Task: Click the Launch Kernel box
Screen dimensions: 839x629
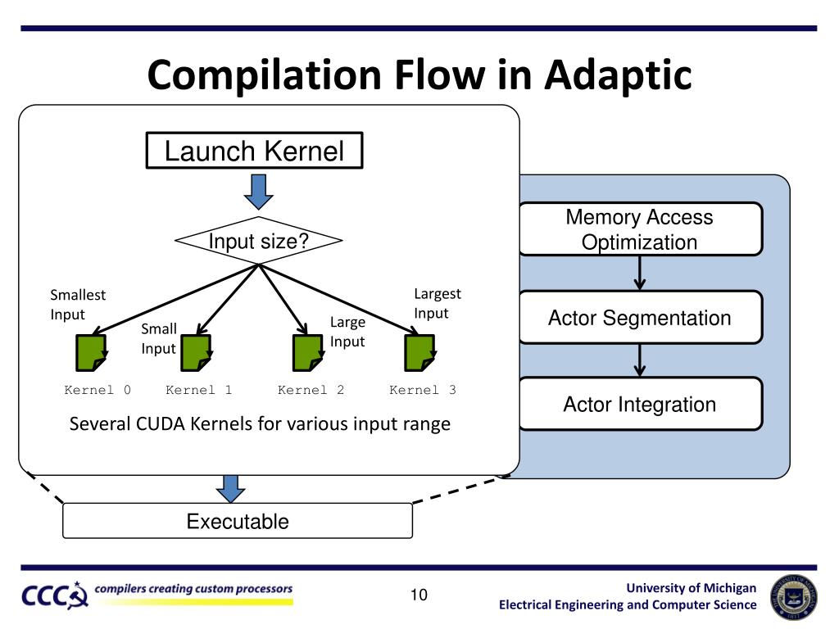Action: pos(254,151)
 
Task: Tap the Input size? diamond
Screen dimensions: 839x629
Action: pos(258,241)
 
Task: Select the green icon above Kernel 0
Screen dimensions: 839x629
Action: pos(92,352)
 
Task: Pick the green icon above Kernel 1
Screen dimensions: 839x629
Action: pos(197,352)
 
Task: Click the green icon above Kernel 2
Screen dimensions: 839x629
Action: pos(308,352)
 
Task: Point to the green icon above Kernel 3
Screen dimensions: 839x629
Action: pos(420,352)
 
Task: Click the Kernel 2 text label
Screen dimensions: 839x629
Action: pos(311,390)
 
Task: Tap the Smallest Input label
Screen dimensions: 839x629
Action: pos(78,305)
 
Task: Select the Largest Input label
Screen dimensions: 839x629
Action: pos(438,303)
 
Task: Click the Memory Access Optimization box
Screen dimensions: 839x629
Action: pos(641,229)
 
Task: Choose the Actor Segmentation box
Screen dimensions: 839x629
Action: pos(641,317)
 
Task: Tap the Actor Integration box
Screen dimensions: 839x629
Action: pos(641,404)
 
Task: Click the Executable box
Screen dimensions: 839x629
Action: pos(238,520)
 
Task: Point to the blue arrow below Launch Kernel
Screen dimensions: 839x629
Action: pos(258,192)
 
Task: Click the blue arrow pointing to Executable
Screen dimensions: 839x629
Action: pos(230,489)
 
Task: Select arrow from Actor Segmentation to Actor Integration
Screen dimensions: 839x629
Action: pos(639,360)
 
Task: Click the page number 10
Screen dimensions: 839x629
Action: pos(419,595)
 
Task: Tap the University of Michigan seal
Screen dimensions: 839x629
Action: pos(793,597)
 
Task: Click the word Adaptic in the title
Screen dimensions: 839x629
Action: pos(618,75)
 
